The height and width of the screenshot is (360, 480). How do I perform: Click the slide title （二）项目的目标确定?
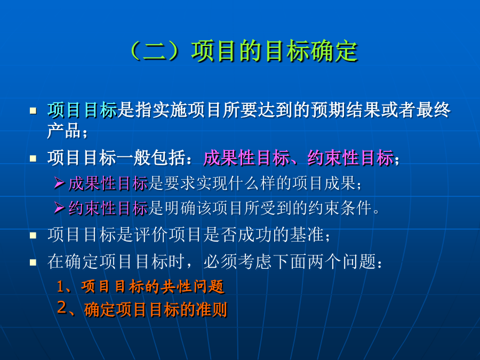pyautogui.click(x=243, y=51)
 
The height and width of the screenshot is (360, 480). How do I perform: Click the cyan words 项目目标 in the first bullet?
pyautogui.click(x=82, y=110)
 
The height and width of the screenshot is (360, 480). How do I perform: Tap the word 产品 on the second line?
pyautogui.click(x=64, y=131)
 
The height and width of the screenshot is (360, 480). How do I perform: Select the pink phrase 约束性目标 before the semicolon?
pyautogui.click(x=351, y=158)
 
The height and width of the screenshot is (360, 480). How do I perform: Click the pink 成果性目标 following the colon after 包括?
pyautogui.click(x=246, y=158)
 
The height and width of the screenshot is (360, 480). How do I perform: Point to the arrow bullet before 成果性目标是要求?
pyautogui.click(x=60, y=183)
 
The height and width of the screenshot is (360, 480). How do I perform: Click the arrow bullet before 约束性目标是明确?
pyautogui.click(x=60, y=209)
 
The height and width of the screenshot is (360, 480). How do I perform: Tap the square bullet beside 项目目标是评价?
pyautogui.click(x=33, y=235)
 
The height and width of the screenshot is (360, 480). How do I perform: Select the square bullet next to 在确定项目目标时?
pyautogui.click(x=33, y=262)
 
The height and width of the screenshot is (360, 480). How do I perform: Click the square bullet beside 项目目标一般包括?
pyautogui.click(x=33, y=158)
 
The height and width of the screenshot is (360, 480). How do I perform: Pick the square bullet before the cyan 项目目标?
pyautogui.click(x=33, y=110)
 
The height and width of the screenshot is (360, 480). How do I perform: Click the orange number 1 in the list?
pyautogui.click(x=61, y=287)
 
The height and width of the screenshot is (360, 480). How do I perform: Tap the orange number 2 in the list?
pyautogui.click(x=62, y=307)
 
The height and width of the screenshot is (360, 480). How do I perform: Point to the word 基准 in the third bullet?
pyautogui.click(x=307, y=235)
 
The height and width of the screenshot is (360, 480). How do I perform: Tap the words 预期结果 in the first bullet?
pyautogui.click(x=346, y=110)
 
